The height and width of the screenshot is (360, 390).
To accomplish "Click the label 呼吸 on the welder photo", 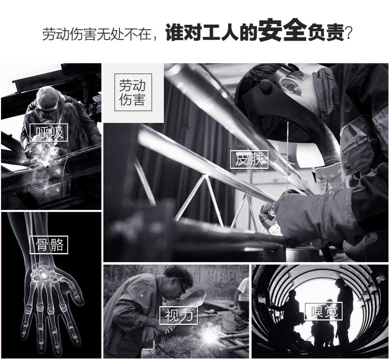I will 49,132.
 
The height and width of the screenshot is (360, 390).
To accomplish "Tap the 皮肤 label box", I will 249,159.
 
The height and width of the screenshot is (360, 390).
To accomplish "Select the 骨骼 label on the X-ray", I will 50,244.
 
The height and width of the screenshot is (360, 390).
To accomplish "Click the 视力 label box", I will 178,315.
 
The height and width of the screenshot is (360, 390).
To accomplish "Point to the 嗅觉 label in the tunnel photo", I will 323,311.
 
